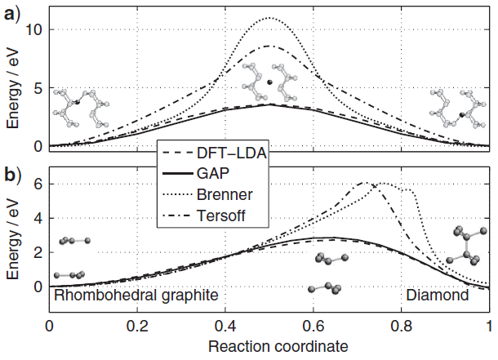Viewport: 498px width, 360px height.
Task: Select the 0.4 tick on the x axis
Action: [x=225, y=324]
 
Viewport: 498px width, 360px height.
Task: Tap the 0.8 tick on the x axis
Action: [x=401, y=324]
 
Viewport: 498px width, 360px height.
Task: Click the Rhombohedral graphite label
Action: [x=136, y=296]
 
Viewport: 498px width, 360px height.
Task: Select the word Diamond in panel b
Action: [x=438, y=296]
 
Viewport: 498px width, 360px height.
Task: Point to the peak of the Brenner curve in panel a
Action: [x=269, y=18]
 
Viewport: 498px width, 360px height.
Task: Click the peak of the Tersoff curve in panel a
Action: [x=269, y=47]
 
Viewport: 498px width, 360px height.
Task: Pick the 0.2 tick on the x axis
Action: [x=137, y=324]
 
